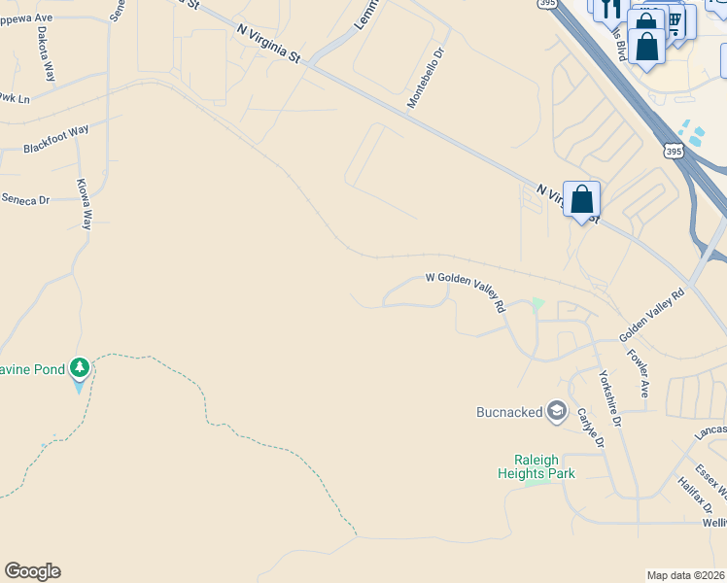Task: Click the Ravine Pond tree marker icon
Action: click(79, 368)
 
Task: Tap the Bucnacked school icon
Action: click(557, 412)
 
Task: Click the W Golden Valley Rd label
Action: click(467, 290)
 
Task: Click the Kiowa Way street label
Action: click(85, 203)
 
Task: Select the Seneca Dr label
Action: click(25, 199)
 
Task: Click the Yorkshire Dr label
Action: click(609, 399)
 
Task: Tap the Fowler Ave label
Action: click(638, 374)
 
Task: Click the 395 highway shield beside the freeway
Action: click(674, 151)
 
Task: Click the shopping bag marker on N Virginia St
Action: click(581, 200)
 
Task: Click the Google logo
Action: click(32, 571)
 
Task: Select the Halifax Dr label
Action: click(696, 495)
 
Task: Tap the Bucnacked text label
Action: click(508, 412)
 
